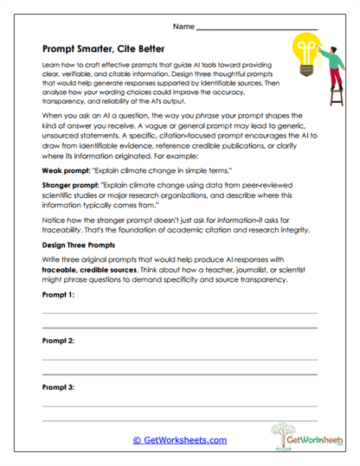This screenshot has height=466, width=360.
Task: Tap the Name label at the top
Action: click(183, 27)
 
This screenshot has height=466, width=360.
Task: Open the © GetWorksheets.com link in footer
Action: click(179, 439)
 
